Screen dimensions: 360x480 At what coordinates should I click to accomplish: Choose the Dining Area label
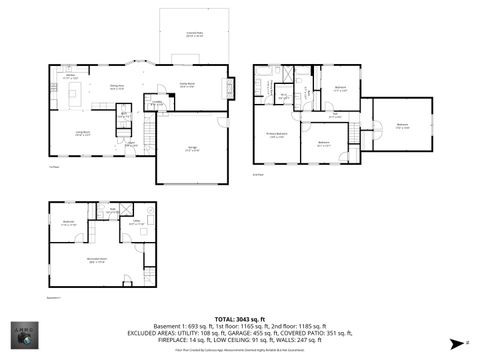tap(116, 87)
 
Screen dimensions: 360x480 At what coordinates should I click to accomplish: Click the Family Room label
tap(186, 85)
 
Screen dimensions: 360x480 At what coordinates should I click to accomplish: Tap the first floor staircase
tap(147, 129)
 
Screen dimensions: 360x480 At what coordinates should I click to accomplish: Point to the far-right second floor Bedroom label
tap(402, 126)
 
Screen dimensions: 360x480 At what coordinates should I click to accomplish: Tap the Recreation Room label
tap(96, 260)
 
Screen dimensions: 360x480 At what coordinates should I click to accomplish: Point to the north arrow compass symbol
tap(457, 341)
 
